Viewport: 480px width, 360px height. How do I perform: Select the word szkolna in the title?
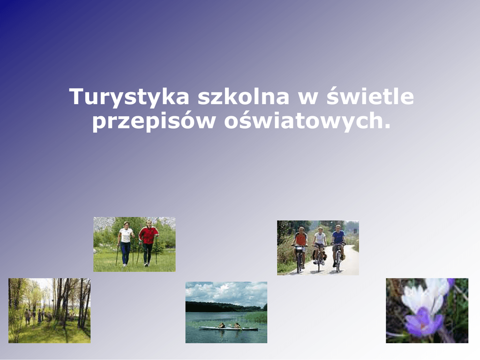(x=243, y=96)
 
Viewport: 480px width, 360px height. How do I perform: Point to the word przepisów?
(x=154, y=121)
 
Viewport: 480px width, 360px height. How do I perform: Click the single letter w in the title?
(x=307, y=98)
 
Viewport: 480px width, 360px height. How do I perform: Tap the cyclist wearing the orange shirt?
(x=300, y=244)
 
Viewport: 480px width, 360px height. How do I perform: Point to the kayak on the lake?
(x=228, y=329)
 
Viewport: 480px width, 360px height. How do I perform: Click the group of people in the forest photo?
(x=34, y=316)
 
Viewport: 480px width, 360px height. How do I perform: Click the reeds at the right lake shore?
(x=255, y=317)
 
